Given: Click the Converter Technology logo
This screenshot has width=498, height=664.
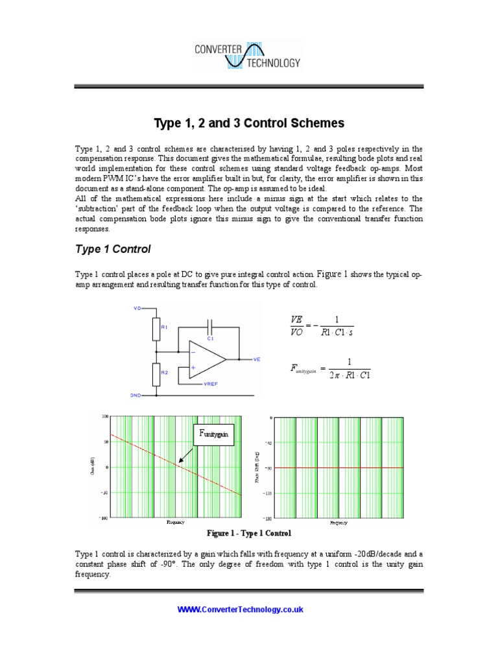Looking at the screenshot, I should pyautogui.click(x=248, y=55).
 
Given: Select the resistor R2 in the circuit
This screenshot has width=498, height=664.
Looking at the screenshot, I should pyautogui.click(x=156, y=373).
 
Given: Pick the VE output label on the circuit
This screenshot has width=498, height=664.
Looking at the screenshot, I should pyautogui.click(x=257, y=359).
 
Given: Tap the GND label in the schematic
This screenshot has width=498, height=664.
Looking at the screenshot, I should pyautogui.click(x=136, y=394).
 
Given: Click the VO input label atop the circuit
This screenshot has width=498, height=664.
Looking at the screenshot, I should pyautogui.click(x=137, y=308).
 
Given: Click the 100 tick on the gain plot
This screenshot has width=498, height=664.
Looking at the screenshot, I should pyautogui.click(x=106, y=416).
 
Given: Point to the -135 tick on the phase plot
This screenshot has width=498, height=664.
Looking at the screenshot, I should pyautogui.click(x=267, y=493).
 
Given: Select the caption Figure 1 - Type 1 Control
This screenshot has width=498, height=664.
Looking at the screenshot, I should pyautogui.click(x=248, y=533).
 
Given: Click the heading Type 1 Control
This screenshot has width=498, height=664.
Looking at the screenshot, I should pyautogui.click(x=113, y=249).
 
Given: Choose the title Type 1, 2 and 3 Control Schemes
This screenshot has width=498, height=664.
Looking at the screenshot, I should pyautogui.click(x=248, y=123).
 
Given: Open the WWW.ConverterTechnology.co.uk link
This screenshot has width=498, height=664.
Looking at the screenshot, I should pyautogui.click(x=241, y=610).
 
